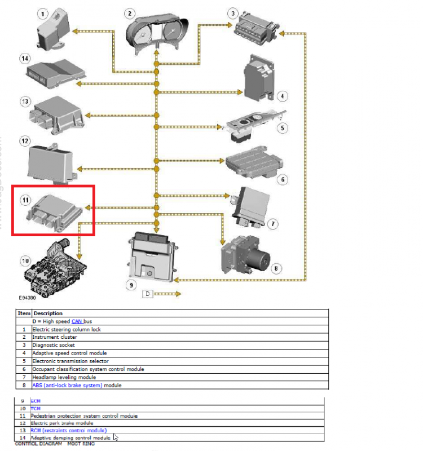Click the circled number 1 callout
click(43, 12)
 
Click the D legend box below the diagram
click(147, 294)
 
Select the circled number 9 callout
click(131, 285)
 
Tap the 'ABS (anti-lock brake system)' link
click(67, 385)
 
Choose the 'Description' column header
click(48, 313)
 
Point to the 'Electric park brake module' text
click(62, 423)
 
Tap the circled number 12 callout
click(25, 140)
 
